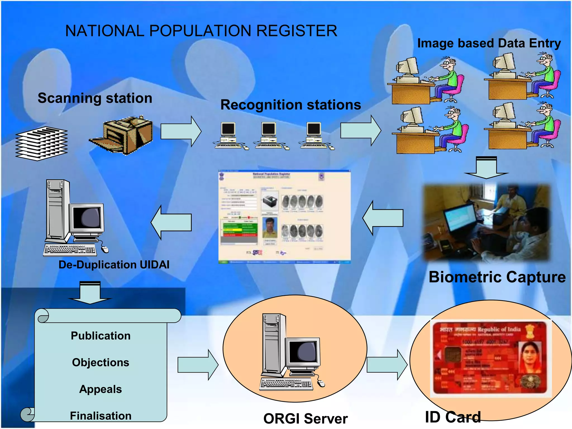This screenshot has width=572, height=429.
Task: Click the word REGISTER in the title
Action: [297, 31]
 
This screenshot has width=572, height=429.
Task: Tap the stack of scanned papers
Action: [41, 144]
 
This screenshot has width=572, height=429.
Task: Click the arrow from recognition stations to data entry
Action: [361, 130]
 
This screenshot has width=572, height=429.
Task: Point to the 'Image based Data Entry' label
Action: [489, 43]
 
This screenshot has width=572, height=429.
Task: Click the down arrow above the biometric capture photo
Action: [486, 168]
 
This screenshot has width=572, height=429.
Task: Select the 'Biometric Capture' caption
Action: [497, 277]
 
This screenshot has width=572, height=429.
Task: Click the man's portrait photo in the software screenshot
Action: [270, 228]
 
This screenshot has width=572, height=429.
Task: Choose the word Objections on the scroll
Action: [101, 363]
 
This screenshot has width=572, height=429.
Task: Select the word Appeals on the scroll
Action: [101, 389]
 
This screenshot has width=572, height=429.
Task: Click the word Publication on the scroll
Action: [101, 336]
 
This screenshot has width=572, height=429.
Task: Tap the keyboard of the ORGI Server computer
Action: [286, 384]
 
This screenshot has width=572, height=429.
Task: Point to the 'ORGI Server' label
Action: [306, 419]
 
